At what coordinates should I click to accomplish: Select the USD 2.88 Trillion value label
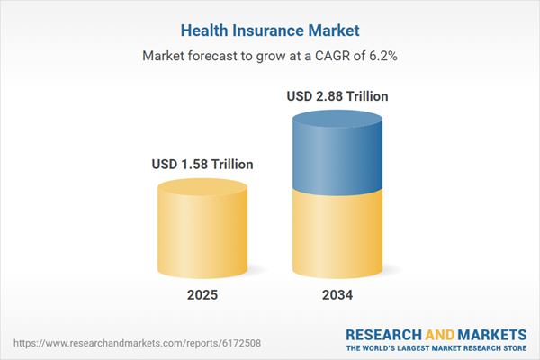337,96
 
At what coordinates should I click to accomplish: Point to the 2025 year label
202,295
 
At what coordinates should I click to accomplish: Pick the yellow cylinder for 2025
202,234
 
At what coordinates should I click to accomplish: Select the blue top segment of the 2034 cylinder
337,153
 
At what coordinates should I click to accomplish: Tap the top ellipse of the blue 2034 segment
337,121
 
